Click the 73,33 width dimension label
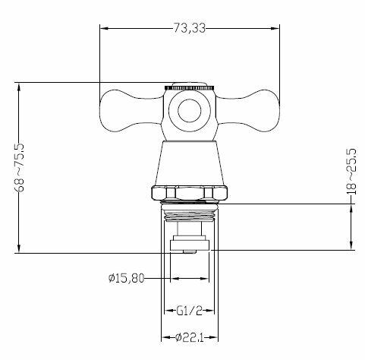click(190, 28)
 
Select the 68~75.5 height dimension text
click(20, 168)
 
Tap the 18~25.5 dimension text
click(351, 172)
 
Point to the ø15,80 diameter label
click(126, 279)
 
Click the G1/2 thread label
click(190, 311)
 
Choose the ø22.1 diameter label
click(190, 337)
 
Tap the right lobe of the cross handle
click(248, 111)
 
